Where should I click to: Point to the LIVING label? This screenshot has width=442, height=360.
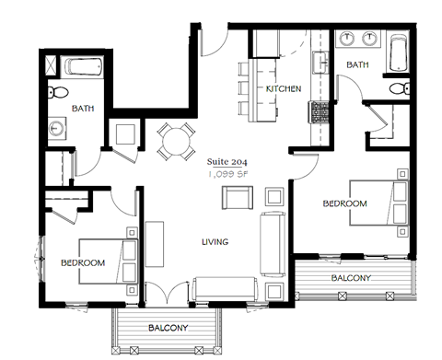[x=215, y=242]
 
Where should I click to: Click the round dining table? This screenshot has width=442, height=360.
[x=174, y=142]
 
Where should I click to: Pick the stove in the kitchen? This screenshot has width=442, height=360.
[x=320, y=112]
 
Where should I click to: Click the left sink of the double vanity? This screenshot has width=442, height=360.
[x=348, y=40]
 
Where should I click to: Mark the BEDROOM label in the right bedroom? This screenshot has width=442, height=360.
[x=344, y=203]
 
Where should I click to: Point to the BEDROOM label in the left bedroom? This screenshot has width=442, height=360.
[x=83, y=262]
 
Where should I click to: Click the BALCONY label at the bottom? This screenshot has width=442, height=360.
[x=167, y=328]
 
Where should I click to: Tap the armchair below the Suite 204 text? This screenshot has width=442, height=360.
[x=237, y=197]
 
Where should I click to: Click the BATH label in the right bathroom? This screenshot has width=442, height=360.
[x=359, y=64]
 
